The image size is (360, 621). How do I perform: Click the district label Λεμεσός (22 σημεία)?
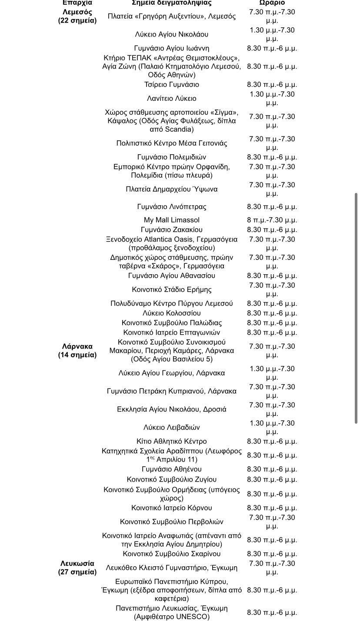pos(77,16)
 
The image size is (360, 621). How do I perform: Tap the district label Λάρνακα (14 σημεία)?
pos(77,351)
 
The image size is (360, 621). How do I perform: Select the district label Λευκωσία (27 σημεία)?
pos(77,568)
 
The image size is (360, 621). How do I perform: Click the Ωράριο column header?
pos(272,3)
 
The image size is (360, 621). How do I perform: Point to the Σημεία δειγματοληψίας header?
pos(171,3)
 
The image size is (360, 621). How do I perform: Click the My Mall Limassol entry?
pos(172,220)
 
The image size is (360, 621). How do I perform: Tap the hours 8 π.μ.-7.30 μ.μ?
pos(272,220)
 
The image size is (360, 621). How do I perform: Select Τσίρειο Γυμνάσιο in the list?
pos(172,84)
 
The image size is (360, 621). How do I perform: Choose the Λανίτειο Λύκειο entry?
pos(172,98)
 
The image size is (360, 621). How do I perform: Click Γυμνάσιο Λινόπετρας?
pos(172,206)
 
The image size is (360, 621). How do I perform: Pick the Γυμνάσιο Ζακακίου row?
pos(172,229)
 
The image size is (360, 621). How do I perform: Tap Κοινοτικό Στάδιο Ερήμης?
pos(172,289)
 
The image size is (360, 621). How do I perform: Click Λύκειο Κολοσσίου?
pos(172,313)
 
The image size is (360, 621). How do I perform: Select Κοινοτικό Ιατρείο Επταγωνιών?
pos(172,332)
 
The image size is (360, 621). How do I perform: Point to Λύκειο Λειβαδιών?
pos(172,427)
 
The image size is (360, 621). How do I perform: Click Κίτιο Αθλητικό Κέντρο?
pos(172,441)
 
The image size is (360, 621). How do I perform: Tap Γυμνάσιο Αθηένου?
pos(172,469)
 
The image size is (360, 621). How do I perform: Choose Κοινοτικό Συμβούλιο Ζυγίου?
pos(172,479)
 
